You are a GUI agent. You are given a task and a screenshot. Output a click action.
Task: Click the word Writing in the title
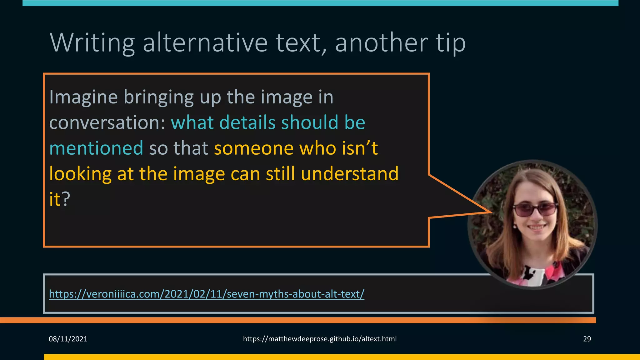coord(92,43)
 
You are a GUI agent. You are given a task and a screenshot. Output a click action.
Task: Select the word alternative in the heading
coord(205,43)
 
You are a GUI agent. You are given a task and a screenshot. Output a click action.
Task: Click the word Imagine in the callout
coord(83,97)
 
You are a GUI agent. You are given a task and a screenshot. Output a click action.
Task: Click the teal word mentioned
coord(96,148)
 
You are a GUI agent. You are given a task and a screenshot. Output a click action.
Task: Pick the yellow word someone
coord(253,148)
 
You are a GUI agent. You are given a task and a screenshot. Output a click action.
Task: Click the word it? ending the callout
coord(60,199)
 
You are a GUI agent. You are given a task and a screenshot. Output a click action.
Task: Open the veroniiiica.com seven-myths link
coord(207,294)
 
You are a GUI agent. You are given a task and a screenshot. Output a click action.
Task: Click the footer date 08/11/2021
coord(68,339)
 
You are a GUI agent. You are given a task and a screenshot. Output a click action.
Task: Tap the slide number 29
coord(587,339)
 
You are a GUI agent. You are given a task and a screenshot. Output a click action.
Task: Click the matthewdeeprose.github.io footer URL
coord(320,339)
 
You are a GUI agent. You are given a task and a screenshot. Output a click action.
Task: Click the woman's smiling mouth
coord(537,227)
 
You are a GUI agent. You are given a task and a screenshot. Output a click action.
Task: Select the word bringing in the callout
coord(159,97)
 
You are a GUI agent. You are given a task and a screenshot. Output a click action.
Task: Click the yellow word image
coord(199,174)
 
